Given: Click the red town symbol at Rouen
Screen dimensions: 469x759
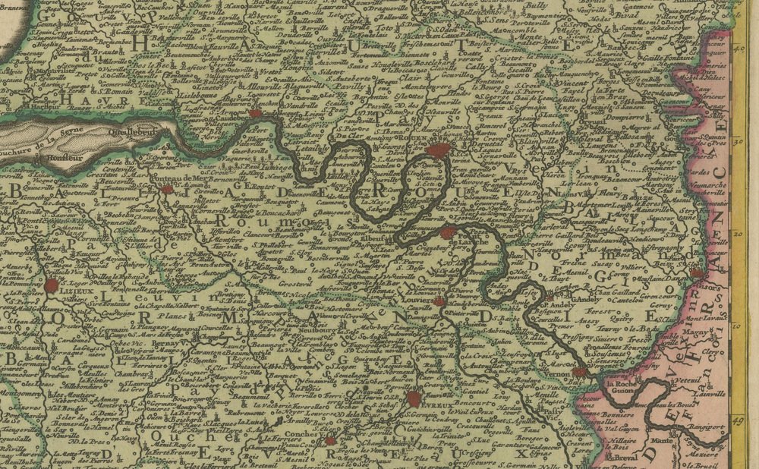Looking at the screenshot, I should (x=439, y=150).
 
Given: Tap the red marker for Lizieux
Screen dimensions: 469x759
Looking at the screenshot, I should (x=52, y=285).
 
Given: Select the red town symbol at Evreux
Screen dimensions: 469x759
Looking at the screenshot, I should (x=414, y=399).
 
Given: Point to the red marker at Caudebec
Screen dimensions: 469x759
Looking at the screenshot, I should (x=255, y=113).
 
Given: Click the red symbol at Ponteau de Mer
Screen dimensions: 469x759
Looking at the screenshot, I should (x=166, y=190).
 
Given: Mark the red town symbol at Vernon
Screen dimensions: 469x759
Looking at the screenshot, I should (x=579, y=372).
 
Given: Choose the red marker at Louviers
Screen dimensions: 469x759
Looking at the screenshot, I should (x=439, y=301).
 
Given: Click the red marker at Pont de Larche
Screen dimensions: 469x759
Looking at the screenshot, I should (x=448, y=232).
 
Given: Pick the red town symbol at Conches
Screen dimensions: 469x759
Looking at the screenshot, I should (x=330, y=440).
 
